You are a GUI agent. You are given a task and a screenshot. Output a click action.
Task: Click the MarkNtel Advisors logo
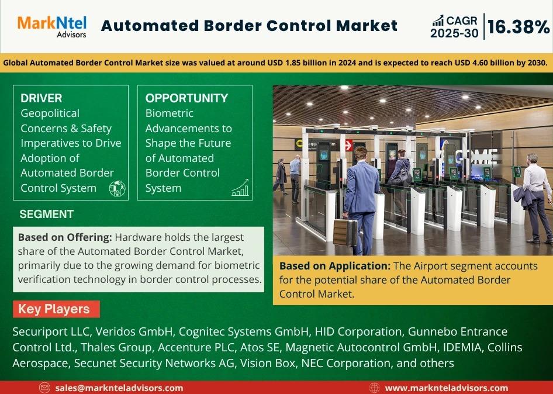pyautogui.click(x=52, y=26)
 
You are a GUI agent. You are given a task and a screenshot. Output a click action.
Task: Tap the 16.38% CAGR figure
pyautogui.click(x=519, y=27)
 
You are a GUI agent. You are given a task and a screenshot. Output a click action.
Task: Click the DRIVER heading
pyautogui.click(x=42, y=98)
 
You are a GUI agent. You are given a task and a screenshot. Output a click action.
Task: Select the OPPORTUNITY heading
pyautogui.click(x=186, y=98)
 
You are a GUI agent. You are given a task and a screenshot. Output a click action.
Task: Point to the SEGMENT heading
pyautogui.click(x=47, y=214)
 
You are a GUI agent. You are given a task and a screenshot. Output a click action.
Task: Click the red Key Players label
pyautogui.click(x=57, y=309)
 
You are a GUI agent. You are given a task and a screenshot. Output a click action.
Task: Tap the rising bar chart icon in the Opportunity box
pyautogui.click(x=240, y=187)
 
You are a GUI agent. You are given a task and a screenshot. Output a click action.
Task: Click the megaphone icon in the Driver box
pyautogui.click(x=117, y=188)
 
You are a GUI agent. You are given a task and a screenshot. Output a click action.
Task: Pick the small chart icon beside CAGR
pyautogui.click(x=438, y=20)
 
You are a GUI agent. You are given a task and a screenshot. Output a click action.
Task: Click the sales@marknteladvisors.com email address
pyautogui.click(x=119, y=388)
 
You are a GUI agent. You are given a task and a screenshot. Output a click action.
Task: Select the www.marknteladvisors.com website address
pyautogui.click(x=447, y=388)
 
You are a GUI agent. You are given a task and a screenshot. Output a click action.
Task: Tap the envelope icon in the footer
pyautogui.click(x=44, y=388)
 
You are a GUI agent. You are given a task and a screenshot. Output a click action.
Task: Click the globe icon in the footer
pyautogui.click(x=374, y=388)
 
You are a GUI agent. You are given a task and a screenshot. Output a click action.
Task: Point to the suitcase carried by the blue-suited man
pyautogui.click(x=345, y=232)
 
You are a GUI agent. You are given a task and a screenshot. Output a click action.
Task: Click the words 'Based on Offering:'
pyautogui.click(x=65, y=237)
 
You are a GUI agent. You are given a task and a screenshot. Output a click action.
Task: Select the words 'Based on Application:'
pyautogui.click(x=335, y=266)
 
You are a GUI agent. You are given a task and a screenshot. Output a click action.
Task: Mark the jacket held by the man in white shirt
pyautogui.click(x=524, y=197)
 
